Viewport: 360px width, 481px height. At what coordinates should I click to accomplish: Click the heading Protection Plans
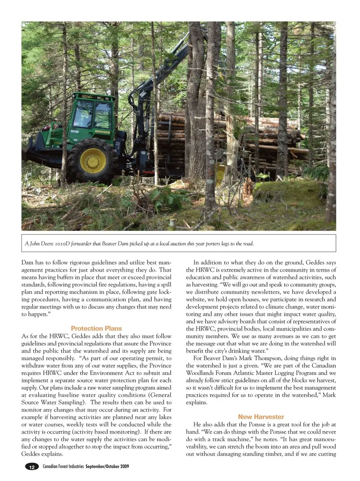click(96, 328)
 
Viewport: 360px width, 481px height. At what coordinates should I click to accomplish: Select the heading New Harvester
click(261, 417)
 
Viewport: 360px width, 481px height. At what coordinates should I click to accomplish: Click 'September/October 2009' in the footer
click(107, 467)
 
